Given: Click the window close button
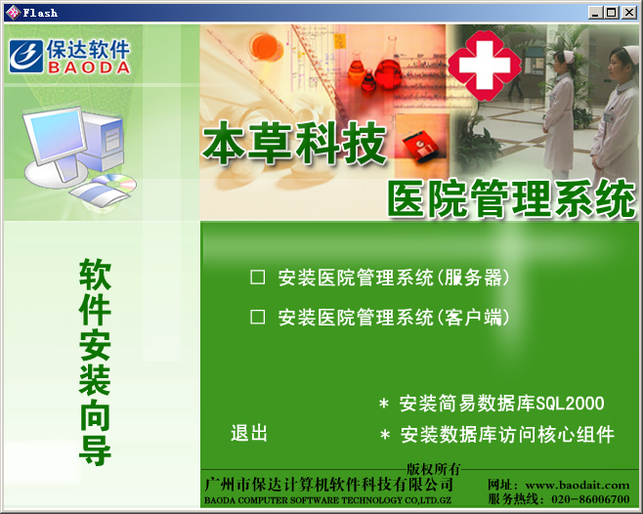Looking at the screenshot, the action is [x=628, y=13].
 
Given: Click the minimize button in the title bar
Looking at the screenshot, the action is [x=596, y=13].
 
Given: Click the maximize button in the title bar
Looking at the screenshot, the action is [x=612, y=13].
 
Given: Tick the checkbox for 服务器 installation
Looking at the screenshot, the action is [x=258, y=278].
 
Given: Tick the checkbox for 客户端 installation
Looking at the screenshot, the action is [x=258, y=317].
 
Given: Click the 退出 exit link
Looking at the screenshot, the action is [x=249, y=433].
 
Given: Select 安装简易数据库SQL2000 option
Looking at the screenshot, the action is [x=501, y=404].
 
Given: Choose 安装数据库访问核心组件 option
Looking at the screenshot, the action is [x=507, y=435].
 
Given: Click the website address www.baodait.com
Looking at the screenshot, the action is [x=578, y=485].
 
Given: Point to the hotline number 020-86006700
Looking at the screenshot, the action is [x=590, y=498].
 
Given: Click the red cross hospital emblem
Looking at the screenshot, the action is [x=485, y=65].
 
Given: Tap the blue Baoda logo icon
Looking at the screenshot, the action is [x=26, y=57].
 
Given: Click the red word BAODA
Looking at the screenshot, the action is [x=89, y=67].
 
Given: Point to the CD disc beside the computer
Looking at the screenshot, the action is [x=116, y=183].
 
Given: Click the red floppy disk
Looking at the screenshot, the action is [x=420, y=146].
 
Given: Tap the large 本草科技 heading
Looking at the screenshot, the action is [x=294, y=143].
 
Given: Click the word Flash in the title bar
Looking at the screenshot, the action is [x=40, y=13].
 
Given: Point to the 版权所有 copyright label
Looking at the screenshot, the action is [x=434, y=469].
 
